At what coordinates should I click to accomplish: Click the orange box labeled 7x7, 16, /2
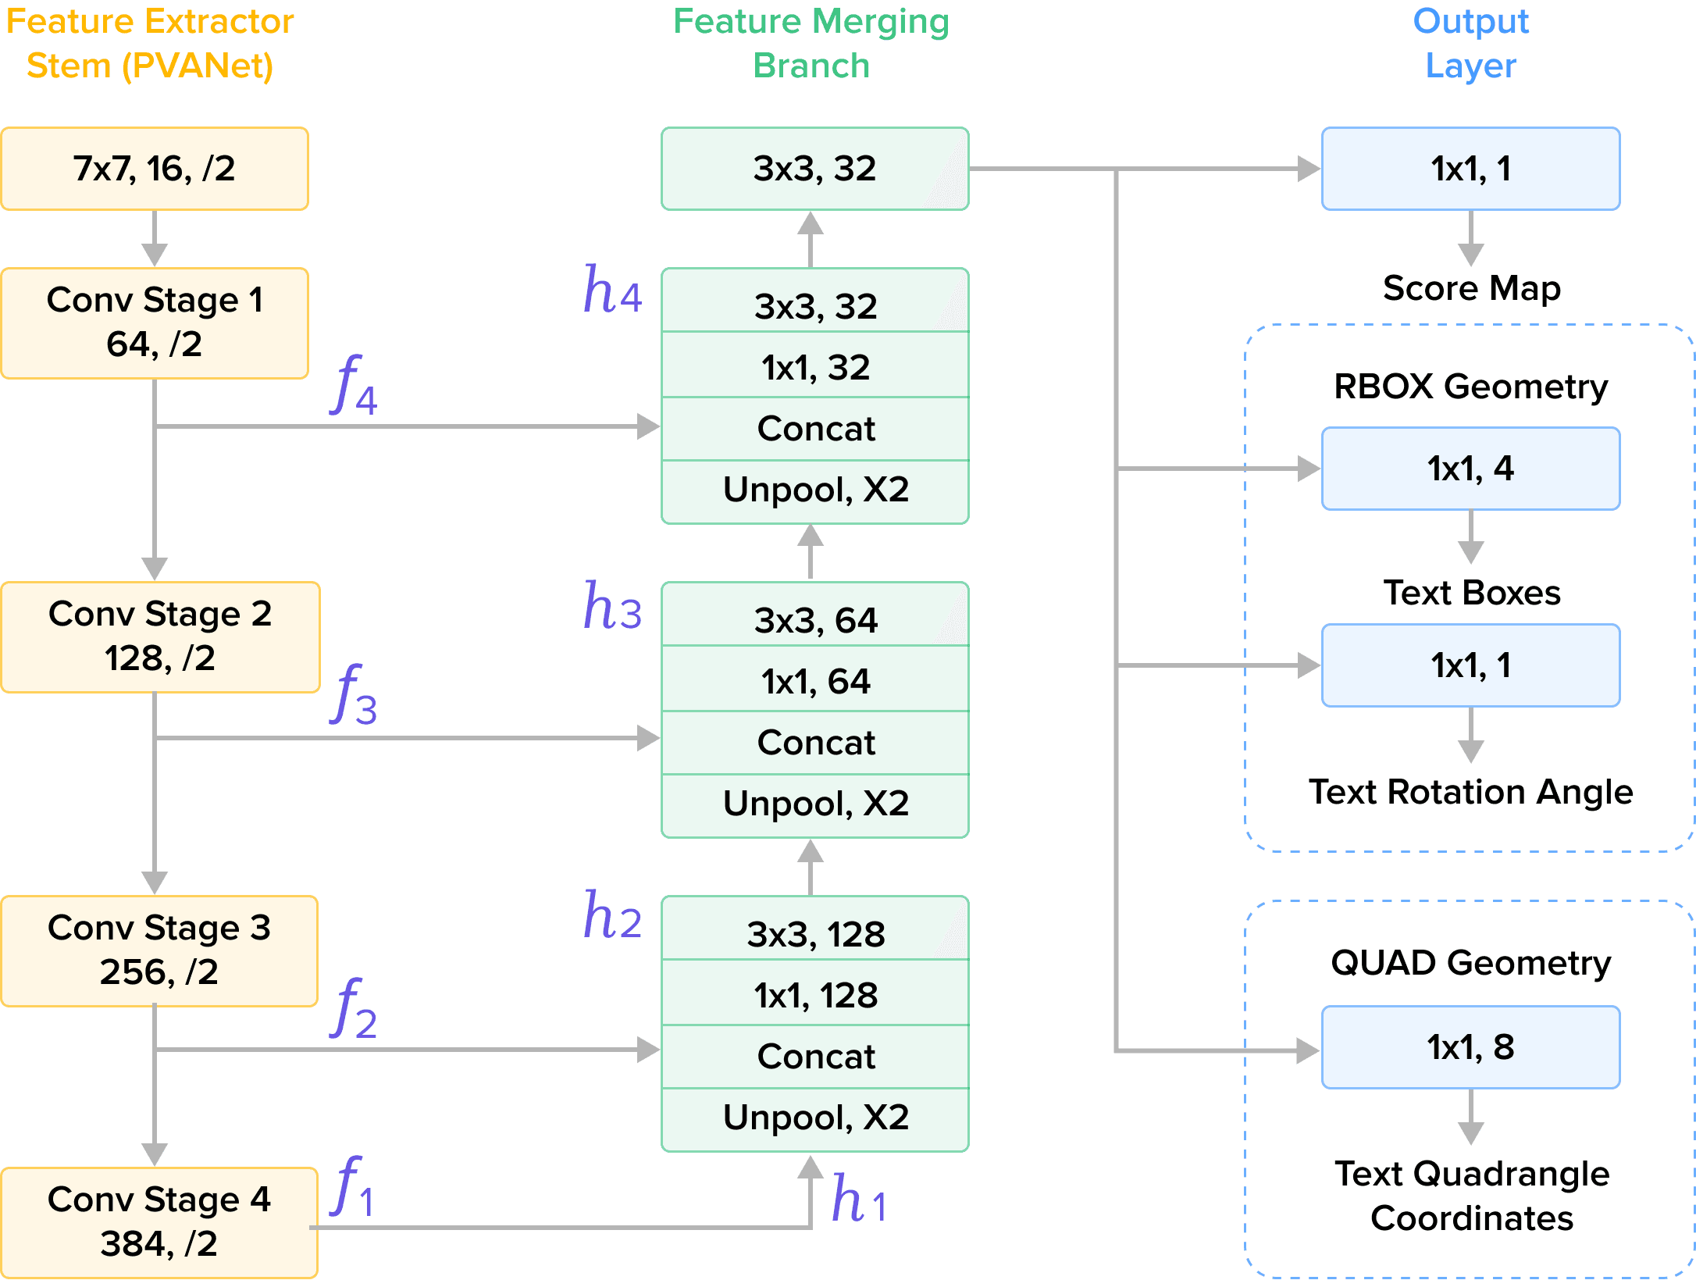[154, 168]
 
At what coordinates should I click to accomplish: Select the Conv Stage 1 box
[154, 323]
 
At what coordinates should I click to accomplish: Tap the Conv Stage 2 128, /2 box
[160, 636]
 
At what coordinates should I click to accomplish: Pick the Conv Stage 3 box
[159, 950]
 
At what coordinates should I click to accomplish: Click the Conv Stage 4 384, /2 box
[159, 1221]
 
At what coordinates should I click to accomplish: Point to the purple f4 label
[354, 385]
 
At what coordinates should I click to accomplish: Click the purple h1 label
[858, 1199]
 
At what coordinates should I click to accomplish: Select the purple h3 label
[612, 607]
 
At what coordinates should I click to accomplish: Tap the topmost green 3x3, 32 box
[814, 168]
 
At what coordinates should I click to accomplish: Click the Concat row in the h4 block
[815, 429]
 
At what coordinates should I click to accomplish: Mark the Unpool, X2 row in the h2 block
[815, 1118]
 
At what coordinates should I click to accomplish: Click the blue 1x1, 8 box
[1470, 1047]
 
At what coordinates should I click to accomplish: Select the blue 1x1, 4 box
[1470, 469]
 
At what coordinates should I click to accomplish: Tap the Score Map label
[1471, 289]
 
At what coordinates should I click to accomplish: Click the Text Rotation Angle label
[1470, 792]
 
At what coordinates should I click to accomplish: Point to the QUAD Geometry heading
[1470, 963]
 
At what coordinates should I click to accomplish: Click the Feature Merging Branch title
[811, 44]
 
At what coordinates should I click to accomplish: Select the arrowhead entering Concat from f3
[648, 738]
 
